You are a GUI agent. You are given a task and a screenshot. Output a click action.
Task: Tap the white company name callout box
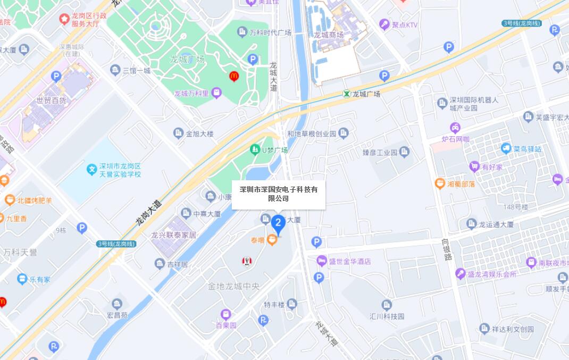(278, 194)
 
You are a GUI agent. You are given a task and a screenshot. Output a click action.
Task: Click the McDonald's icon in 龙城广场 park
(233, 76)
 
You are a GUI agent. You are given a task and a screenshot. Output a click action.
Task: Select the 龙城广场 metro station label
(362, 94)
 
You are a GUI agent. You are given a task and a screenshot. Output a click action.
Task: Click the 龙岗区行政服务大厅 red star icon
(64, 19)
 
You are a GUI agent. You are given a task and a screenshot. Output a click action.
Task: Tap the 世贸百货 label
(52, 101)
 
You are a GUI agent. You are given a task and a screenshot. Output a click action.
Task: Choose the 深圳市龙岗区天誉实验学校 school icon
(91, 170)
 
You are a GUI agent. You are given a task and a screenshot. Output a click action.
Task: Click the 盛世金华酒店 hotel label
(349, 261)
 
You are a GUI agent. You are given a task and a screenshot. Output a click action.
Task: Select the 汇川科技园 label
(387, 316)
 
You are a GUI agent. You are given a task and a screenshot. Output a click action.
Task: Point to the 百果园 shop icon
(226, 314)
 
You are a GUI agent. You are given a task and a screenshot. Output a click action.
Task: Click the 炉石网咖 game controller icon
(455, 128)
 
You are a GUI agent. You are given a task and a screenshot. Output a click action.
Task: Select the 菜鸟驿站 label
(527, 149)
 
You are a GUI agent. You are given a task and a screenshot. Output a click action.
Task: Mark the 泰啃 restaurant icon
(272, 241)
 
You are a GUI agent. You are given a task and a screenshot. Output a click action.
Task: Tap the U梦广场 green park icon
(255, 150)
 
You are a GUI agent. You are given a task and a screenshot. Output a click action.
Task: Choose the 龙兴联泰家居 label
(173, 235)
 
